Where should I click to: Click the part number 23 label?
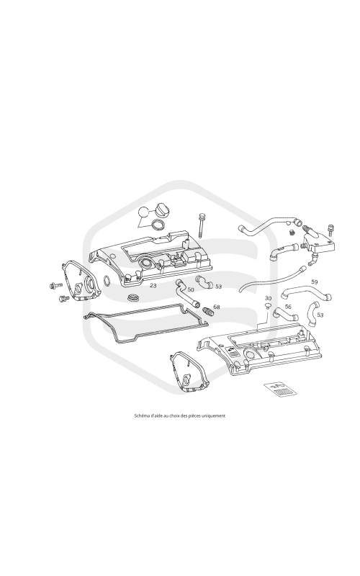pyautogui.click(x=153, y=285)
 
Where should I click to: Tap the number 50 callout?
pyautogui.click(x=190, y=290)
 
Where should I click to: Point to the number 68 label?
pyautogui.click(x=217, y=307)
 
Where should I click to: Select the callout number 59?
pyautogui.click(x=315, y=282)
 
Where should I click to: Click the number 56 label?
pyautogui.click(x=288, y=307)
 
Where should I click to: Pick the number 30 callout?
pyautogui.click(x=268, y=298)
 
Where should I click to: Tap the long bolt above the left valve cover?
pyautogui.click(x=201, y=225)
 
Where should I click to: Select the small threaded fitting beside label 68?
pyautogui.click(x=209, y=312)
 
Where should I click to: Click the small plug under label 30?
pyautogui.click(x=267, y=305)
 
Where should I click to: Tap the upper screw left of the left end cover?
pyautogui.click(x=54, y=285)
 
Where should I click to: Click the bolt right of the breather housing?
pyautogui.click(x=330, y=230)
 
